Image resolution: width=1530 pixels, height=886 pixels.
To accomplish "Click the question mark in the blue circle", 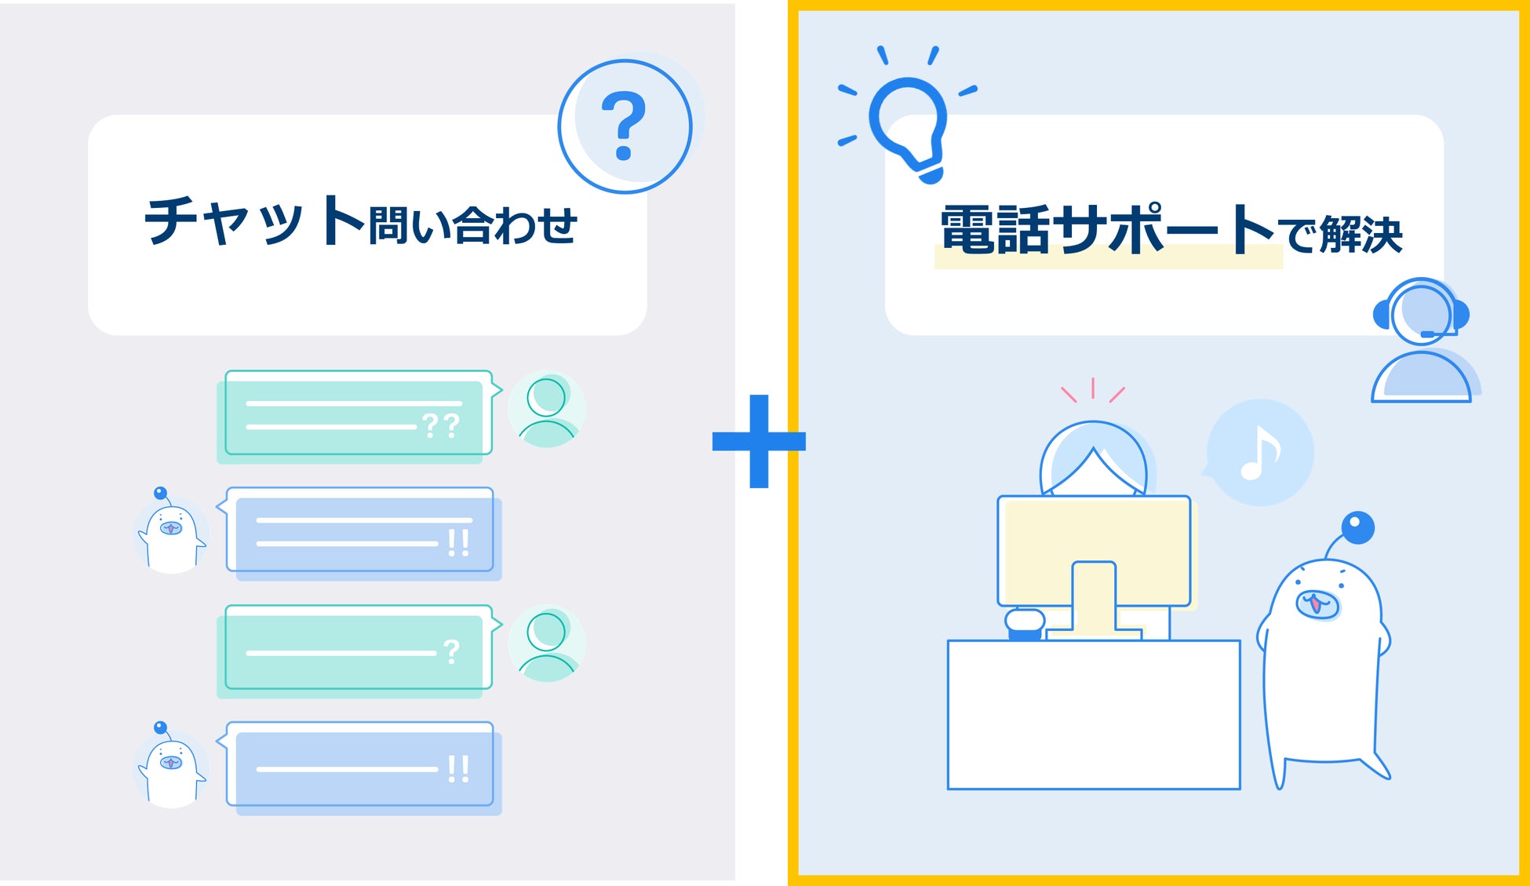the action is [624, 126].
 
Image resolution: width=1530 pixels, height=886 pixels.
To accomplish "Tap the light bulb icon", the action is [909, 126].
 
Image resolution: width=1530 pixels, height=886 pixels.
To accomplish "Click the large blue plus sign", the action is [758, 441].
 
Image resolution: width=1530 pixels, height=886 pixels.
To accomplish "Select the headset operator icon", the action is [1421, 341].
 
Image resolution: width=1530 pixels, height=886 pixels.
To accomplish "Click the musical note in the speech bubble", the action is [1259, 453].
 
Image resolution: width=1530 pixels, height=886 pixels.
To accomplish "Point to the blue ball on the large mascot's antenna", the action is [1357, 528].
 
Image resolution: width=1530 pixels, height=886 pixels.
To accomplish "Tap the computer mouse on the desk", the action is [1025, 623].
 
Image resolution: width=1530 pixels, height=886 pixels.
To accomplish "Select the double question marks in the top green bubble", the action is [440, 426].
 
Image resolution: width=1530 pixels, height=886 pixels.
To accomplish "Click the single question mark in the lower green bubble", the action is [451, 652].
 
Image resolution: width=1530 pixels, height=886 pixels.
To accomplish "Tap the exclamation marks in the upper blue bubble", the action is [458, 542].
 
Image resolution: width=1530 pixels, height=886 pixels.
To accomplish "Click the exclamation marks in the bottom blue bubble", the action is [458, 769].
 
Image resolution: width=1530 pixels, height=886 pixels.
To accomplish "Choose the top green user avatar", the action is [547, 410].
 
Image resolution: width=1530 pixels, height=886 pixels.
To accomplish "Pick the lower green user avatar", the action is [547, 644].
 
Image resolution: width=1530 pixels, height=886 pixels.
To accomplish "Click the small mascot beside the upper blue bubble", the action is [171, 532].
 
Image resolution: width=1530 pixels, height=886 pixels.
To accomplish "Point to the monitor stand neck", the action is [1094, 596].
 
